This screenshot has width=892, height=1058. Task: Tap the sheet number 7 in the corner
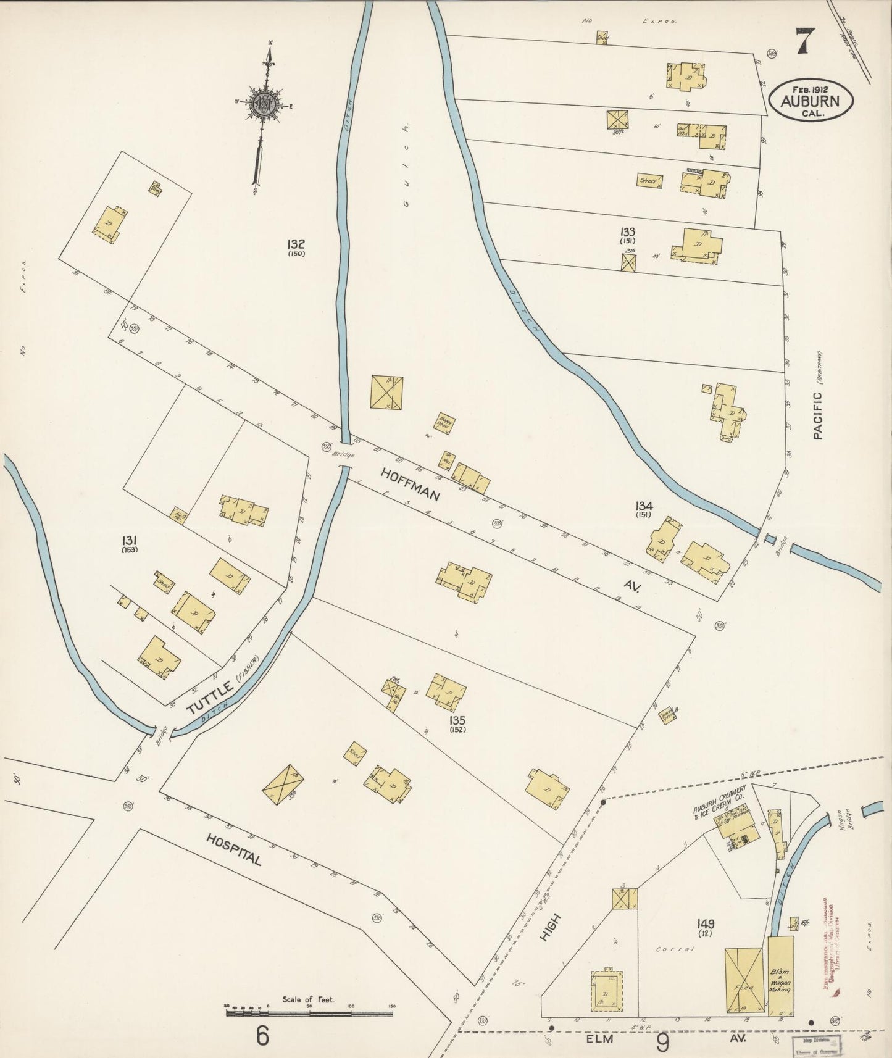click(x=804, y=42)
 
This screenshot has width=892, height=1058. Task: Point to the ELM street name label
click(x=600, y=1038)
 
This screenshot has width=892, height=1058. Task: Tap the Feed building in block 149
click(x=743, y=972)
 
